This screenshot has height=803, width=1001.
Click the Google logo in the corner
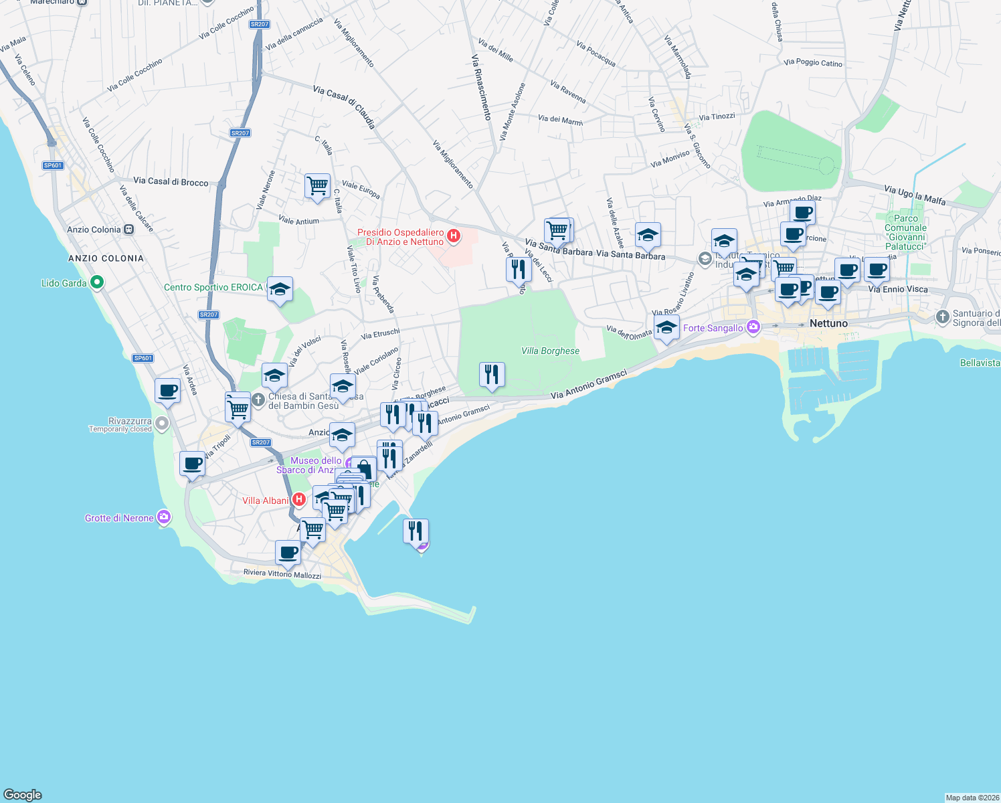click(23, 794)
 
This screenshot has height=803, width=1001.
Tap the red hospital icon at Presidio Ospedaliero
click(454, 236)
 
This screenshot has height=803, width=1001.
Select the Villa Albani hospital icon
click(299, 500)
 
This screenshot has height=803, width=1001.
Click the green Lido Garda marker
click(97, 282)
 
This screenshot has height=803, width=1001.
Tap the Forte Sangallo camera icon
click(753, 327)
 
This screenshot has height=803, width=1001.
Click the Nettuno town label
click(828, 323)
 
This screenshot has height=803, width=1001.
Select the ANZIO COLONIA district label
click(106, 258)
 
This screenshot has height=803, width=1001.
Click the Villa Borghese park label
click(550, 351)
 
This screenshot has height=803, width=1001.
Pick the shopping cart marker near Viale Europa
click(317, 185)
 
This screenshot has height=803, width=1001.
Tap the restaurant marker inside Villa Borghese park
click(492, 374)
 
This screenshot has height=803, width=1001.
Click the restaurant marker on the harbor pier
click(416, 531)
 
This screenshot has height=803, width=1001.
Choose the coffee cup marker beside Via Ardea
click(168, 390)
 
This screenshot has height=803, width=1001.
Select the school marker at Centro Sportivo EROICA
click(280, 289)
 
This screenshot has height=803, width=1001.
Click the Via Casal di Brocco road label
click(171, 181)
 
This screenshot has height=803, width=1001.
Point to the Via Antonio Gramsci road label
click(589, 385)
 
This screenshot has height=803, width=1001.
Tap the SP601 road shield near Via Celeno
click(53, 165)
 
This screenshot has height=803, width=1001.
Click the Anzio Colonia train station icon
click(128, 230)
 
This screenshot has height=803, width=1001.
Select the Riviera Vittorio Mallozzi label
click(282, 573)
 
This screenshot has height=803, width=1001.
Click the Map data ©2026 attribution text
click(972, 797)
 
